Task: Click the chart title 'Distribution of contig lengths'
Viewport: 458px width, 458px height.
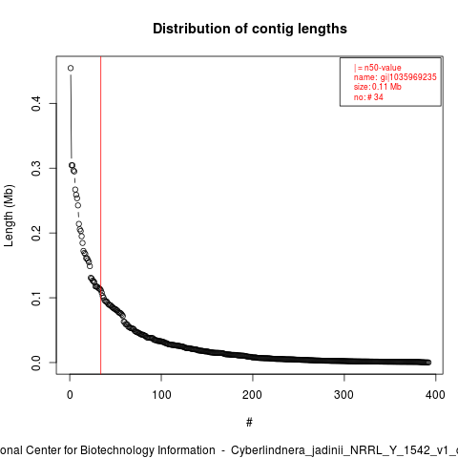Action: click(250, 29)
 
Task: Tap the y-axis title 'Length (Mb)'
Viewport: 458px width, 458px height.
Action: click(9, 216)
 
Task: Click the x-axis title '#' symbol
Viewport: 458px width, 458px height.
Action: click(249, 423)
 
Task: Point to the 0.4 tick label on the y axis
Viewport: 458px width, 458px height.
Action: click(36, 104)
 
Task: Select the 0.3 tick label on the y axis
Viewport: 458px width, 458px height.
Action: click(36, 168)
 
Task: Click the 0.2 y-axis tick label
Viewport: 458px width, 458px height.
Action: click(36, 233)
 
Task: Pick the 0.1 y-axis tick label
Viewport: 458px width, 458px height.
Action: click(36, 298)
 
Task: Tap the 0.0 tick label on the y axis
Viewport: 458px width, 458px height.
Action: click(36, 363)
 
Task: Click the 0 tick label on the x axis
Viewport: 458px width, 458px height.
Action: click(70, 395)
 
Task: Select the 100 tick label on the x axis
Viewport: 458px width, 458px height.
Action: click(161, 395)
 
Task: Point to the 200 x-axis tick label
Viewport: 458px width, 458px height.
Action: click(253, 395)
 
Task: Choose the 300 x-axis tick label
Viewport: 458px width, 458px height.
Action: click(343, 395)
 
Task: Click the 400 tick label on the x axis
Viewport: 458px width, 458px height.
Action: click(435, 395)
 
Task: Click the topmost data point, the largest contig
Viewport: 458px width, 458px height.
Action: click(71, 68)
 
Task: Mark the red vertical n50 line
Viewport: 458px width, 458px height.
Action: click(100, 216)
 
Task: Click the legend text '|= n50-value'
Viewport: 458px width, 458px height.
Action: click(377, 68)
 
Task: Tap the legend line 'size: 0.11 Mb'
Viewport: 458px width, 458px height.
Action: click(377, 87)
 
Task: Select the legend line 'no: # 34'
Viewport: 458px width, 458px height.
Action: click(368, 97)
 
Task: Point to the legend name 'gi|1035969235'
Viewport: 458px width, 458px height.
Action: click(408, 77)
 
